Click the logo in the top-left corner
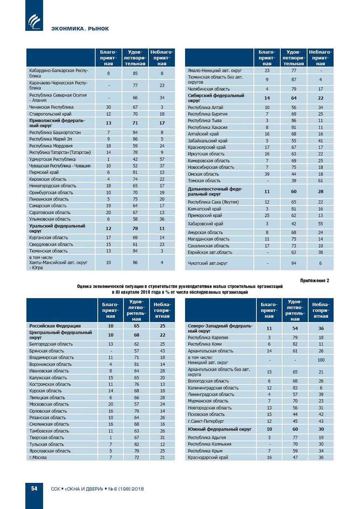(x=34, y=21)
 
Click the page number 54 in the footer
(x=34, y=488)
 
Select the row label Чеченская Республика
(x=51, y=107)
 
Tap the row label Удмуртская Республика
(x=53, y=159)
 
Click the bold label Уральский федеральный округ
(x=57, y=228)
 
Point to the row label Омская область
(x=203, y=174)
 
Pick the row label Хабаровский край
(x=205, y=224)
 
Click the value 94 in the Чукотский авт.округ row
(x=294, y=263)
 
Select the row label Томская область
(x=204, y=181)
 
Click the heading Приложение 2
(x=314, y=281)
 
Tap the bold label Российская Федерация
(x=55, y=326)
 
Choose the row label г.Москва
(x=38, y=458)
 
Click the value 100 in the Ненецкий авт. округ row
(x=321, y=360)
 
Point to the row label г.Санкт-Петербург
(x=206, y=421)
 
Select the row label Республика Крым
(x=205, y=451)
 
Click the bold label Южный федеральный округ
(x=220, y=429)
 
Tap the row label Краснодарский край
(x=208, y=458)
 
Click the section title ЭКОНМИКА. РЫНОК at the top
(x=80, y=29)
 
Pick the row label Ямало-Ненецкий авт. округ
(x=215, y=71)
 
